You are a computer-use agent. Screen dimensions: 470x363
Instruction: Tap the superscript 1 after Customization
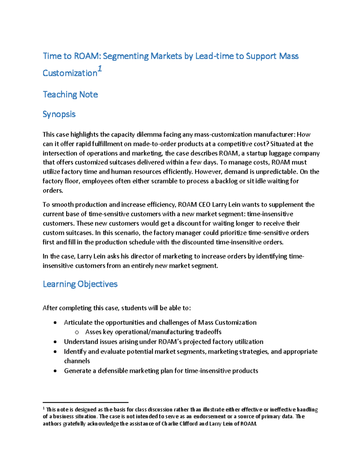coord(100,69)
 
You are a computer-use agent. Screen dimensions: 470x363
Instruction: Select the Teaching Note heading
coord(70,94)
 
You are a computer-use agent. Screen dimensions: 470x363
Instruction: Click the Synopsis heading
coord(59,114)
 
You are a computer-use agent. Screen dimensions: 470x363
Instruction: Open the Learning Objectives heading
coord(80,284)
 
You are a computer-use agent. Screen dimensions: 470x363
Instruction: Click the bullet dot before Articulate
coord(55,323)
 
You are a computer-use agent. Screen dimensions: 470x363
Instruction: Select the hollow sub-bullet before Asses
coord(77,332)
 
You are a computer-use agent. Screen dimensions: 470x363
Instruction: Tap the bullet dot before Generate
coord(55,371)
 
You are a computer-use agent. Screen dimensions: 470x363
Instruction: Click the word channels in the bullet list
coord(77,361)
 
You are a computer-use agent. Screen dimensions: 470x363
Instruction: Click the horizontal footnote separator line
coord(86,403)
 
